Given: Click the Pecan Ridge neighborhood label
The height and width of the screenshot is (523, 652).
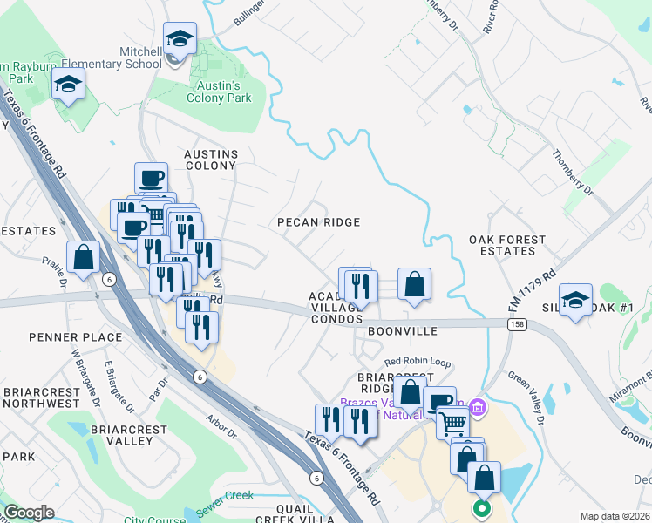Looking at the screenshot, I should coord(318,222).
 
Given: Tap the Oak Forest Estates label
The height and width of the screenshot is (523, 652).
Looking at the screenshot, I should coord(507,245).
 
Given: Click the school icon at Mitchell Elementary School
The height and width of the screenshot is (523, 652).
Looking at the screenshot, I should coord(179,39).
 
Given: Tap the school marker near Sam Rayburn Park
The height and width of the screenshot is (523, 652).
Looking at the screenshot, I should coord(67,85).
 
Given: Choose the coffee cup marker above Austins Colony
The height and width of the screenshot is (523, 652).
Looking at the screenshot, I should coord(152,178).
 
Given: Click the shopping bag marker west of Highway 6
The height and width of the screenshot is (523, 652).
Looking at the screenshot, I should coord(84,257).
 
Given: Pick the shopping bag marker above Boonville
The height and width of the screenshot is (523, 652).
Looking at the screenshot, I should coord(415,283).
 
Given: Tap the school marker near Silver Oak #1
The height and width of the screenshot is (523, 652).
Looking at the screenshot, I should coord(575,300).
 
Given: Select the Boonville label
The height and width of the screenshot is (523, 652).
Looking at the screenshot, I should coord(401,332).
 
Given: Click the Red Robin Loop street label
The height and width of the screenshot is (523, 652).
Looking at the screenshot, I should coord(418,361).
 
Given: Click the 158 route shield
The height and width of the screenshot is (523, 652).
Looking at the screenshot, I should coord(516,323).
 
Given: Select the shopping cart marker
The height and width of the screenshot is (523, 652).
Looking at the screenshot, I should coord(453,424).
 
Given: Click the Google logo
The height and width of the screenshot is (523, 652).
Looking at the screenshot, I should coord(29,513).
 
